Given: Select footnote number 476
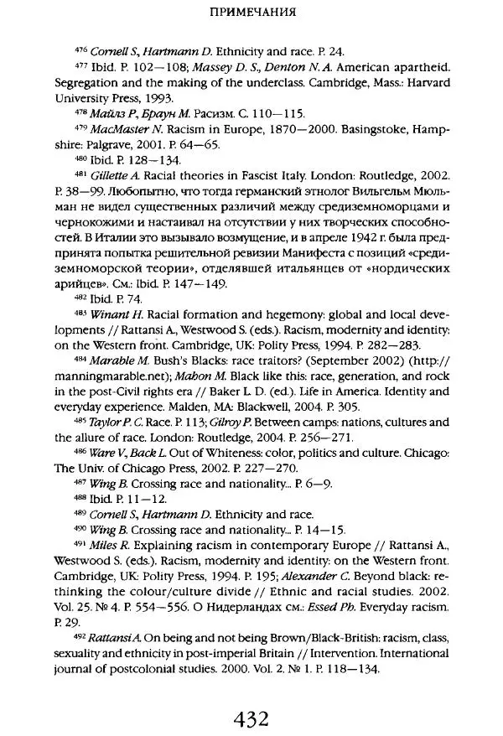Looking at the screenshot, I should pos(80,49).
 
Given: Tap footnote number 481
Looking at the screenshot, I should pos(80,173).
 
